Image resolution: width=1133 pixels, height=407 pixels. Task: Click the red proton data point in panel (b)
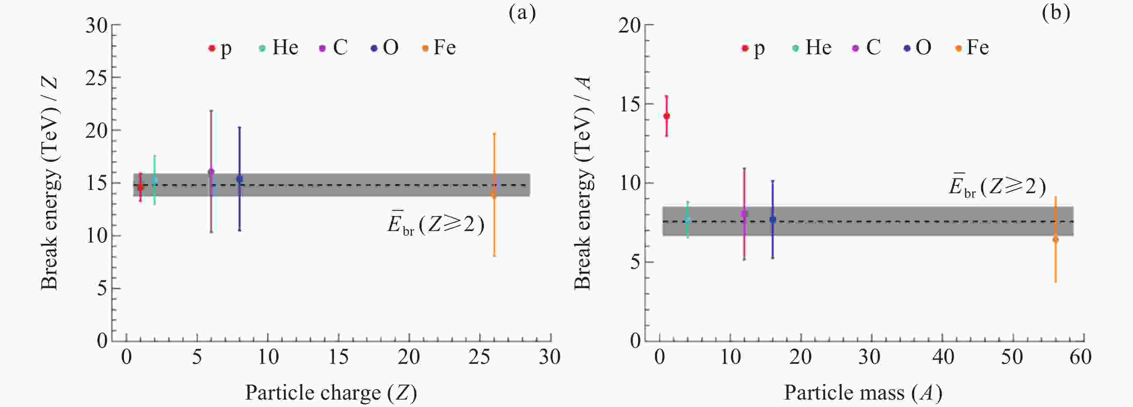(x=666, y=116)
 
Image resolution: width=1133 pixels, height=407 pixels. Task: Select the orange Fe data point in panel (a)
(x=494, y=194)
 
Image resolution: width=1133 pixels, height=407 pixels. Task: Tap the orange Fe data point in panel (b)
(x=1056, y=239)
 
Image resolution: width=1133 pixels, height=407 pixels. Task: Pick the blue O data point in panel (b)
(x=773, y=220)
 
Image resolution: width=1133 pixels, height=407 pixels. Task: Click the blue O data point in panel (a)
(x=239, y=179)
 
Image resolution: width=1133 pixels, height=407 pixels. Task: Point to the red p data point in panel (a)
(x=140, y=187)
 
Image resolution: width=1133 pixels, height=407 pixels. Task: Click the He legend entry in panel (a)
(x=279, y=48)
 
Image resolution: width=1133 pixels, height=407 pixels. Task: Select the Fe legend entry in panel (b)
(x=972, y=48)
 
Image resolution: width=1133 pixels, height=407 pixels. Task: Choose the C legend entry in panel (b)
(x=867, y=48)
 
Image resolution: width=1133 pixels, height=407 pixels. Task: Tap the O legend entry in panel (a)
(x=385, y=48)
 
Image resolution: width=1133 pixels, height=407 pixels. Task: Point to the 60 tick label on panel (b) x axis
(x=1080, y=357)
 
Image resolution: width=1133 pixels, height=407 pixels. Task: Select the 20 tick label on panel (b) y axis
(x=629, y=25)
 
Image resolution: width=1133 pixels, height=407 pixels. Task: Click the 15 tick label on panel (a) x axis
(x=338, y=357)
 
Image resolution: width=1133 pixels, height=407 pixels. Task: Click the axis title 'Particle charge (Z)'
(x=331, y=393)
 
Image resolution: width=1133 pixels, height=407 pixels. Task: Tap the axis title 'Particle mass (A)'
(x=863, y=393)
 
